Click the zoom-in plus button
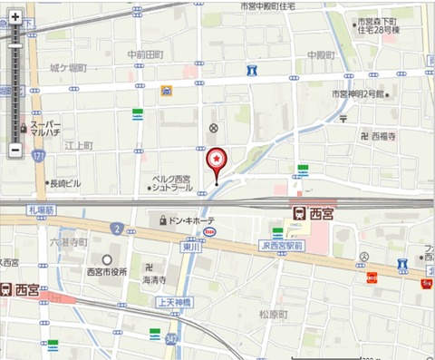coord(15,17)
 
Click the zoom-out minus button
coord(15,149)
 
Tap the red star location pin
coord(217,160)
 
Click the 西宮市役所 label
coord(107,271)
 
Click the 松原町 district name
coord(273,314)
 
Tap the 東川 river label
coord(188,246)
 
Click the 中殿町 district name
coord(321,54)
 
